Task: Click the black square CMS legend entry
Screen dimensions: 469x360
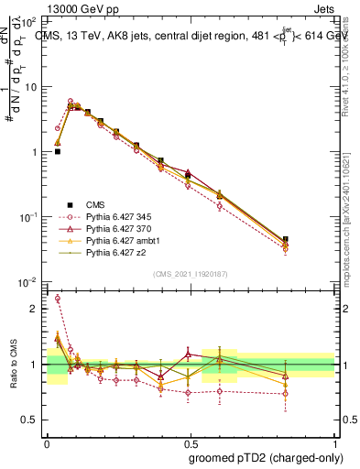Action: click(x=92, y=205)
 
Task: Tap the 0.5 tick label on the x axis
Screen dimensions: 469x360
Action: click(x=190, y=442)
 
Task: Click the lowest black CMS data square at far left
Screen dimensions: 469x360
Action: click(x=58, y=151)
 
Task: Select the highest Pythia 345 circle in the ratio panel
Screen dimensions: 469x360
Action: click(x=58, y=298)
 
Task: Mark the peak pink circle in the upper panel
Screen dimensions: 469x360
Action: click(x=71, y=102)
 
